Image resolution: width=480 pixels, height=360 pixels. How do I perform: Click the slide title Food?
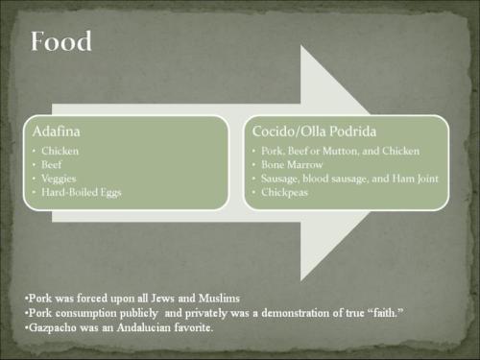click(x=60, y=42)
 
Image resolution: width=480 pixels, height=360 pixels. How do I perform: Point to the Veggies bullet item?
click(x=62, y=178)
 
